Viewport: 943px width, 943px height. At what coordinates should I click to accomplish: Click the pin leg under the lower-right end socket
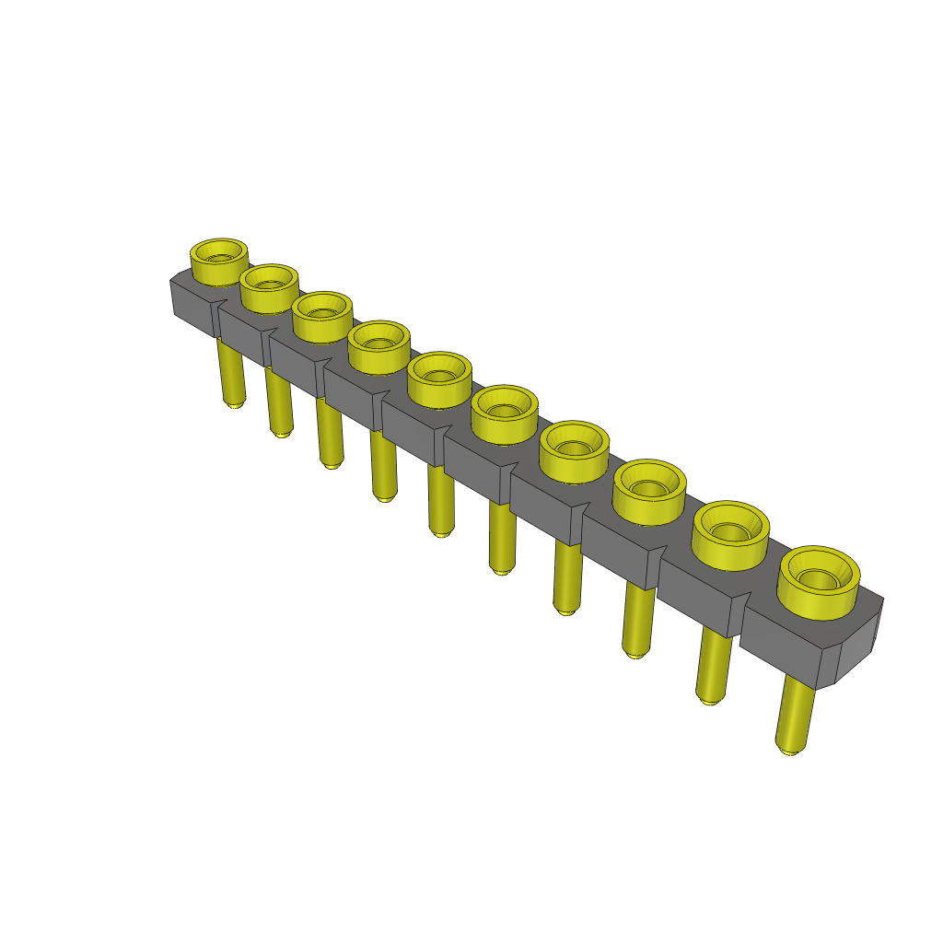(x=796, y=714)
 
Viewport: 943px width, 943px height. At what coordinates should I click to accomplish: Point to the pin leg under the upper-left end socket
(x=231, y=373)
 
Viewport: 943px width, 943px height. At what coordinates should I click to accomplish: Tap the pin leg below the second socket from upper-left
(x=279, y=402)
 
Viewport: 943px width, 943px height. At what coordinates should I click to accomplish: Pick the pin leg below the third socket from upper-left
(x=329, y=433)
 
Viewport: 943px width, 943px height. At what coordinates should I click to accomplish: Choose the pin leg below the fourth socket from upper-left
(x=383, y=466)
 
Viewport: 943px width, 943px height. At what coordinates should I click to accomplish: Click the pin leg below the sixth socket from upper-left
(x=502, y=538)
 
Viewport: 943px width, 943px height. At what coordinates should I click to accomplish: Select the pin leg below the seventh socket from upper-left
(x=567, y=578)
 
